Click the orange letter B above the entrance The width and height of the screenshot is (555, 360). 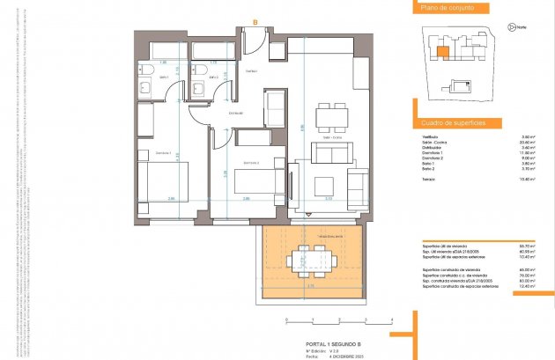[x=255, y=22]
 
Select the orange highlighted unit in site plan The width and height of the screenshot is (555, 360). [x=440, y=50]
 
